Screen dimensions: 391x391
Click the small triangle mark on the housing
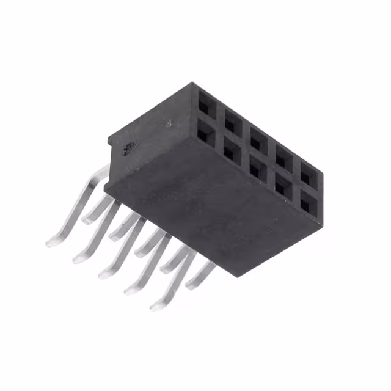(169, 123)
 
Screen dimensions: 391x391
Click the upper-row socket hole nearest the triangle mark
(206, 100)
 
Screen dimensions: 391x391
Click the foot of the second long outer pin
(79, 259)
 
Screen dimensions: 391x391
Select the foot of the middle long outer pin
(105, 274)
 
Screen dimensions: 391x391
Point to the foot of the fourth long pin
(131, 290)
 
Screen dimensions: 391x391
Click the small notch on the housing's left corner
(109, 142)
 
